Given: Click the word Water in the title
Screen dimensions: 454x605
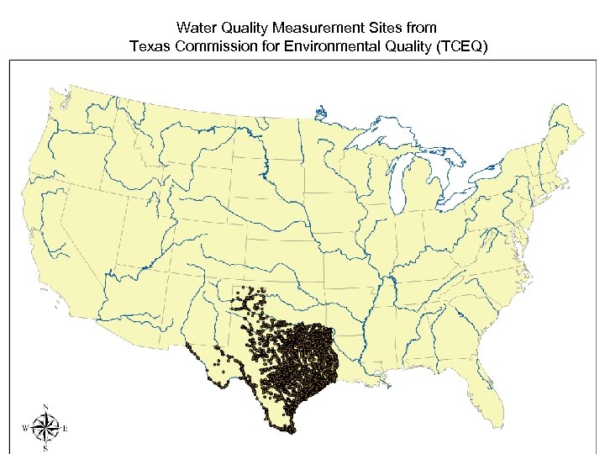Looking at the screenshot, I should [x=195, y=29].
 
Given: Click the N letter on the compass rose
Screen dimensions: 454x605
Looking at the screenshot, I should [x=45, y=408].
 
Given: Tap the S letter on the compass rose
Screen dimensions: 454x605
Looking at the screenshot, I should [x=45, y=449].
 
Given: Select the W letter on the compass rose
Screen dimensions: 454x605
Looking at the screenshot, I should [x=25, y=429].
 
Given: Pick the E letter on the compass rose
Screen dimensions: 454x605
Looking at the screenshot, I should [x=66, y=429].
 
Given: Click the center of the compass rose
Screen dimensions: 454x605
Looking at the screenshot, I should [x=45, y=429].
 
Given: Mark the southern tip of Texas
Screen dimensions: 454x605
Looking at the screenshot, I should [x=290, y=430].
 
